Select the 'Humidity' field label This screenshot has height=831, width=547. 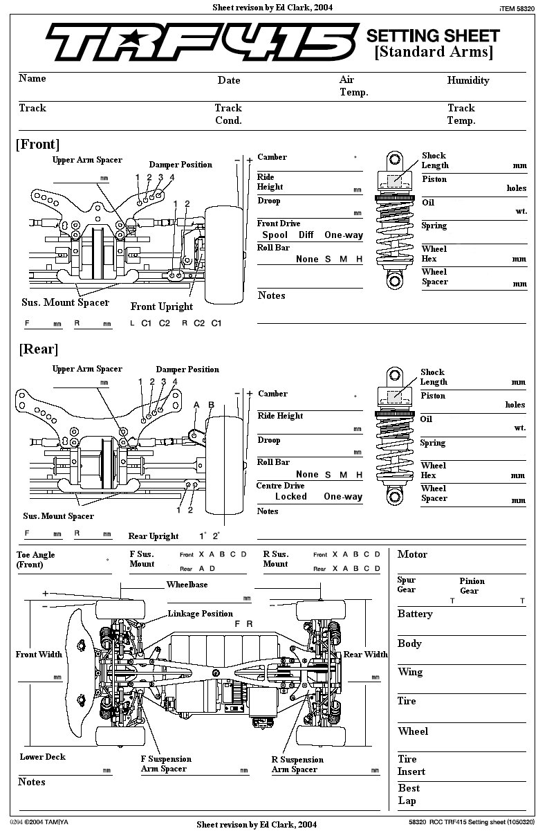(x=467, y=80)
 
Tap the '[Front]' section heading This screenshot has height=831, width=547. (x=37, y=144)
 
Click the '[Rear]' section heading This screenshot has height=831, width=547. (x=39, y=349)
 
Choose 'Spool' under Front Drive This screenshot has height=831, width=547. (x=275, y=235)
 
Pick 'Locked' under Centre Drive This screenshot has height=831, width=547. (x=290, y=496)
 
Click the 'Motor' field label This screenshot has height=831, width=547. (x=412, y=554)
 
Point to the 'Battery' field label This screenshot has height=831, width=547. (x=415, y=614)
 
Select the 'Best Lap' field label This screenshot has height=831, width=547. (x=409, y=794)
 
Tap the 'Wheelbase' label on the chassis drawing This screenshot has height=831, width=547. (x=187, y=585)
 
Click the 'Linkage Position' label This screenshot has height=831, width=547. (x=200, y=614)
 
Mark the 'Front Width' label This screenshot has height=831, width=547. (x=39, y=655)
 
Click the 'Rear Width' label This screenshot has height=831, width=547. (x=366, y=655)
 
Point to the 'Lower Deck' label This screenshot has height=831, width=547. (x=42, y=757)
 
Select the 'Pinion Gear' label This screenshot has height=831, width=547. (x=472, y=586)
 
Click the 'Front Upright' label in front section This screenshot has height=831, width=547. (x=162, y=307)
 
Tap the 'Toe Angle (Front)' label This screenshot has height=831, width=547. (x=35, y=560)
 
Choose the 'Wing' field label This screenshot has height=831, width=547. (x=410, y=672)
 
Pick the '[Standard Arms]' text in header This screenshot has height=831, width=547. (x=434, y=52)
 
